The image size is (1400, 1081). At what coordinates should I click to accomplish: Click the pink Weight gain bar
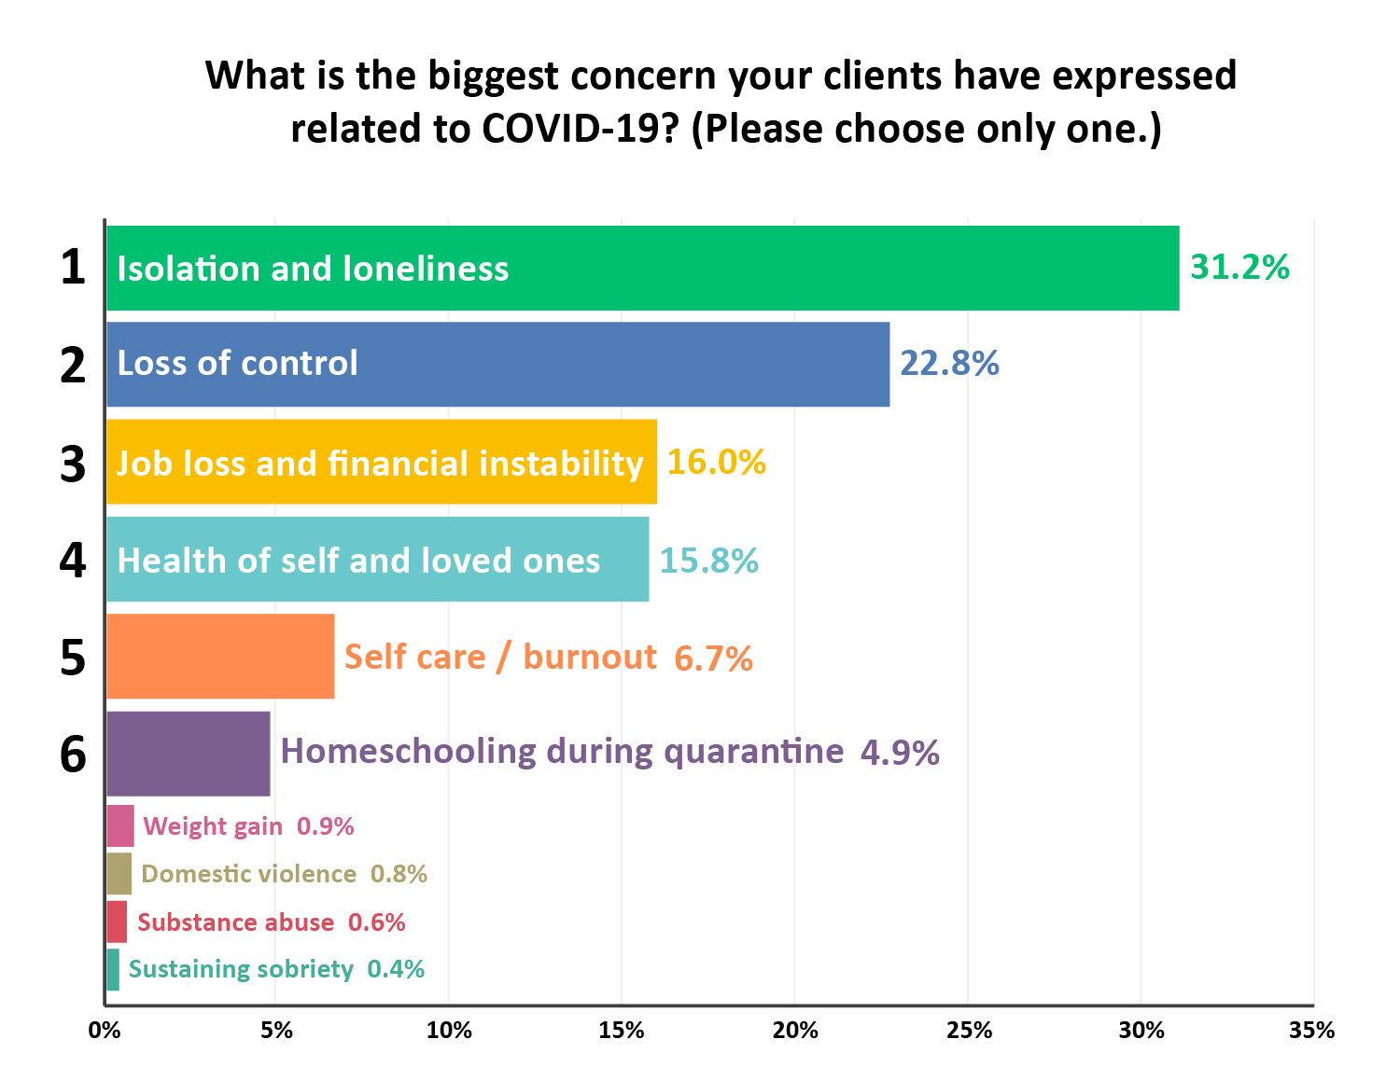(x=120, y=825)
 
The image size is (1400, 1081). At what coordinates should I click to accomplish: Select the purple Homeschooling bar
(x=189, y=754)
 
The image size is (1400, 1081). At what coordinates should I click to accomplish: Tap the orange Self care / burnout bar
(x=220, y=656)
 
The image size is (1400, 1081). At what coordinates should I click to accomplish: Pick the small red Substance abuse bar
(x=117, y=922)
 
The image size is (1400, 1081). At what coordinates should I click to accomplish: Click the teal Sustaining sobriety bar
(x=113, y=969)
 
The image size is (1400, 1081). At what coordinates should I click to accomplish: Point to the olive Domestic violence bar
(x=119, y=874)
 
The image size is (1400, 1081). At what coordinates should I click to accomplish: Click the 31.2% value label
(x=1239, y=268)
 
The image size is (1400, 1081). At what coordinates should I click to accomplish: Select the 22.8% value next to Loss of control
(x=949, y=363)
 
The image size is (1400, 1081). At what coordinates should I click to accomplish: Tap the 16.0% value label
(x=716, y=462)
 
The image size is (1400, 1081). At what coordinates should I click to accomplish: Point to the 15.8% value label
(x=708, y=561)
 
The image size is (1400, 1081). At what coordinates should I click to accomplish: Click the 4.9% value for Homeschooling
(x=900, y=753)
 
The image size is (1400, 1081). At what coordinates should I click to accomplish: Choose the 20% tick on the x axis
(x=795, y=1031)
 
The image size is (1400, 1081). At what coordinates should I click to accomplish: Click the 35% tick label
(x=1311, y=1031)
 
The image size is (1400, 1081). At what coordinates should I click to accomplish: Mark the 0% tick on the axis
(x=105, y=1031)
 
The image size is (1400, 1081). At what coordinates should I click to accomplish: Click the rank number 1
(x=73, y=268)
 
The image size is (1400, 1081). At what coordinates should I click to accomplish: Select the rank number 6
(x=73, y=754)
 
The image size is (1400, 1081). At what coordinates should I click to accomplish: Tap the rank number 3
(x=73, y=464)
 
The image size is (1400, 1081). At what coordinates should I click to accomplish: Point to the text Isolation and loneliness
(x=313, y=269)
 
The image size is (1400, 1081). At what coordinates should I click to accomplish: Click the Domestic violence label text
(x=248, y=874)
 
